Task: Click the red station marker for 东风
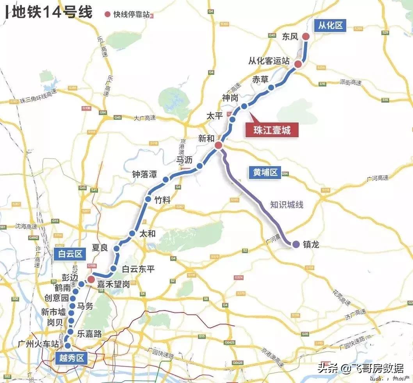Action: tap(306, 37)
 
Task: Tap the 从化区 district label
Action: tap(330, 26)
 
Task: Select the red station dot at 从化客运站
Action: tap(298, 64)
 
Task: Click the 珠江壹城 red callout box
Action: tap(273, 130)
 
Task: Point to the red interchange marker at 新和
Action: tap(219, 145)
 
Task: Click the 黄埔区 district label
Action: tap(265, 172)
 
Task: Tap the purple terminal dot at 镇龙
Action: tap(296, 244)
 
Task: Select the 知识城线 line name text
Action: tap(287, 204)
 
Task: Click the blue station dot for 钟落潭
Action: tap(166, 180)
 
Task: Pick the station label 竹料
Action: tap(162, 200)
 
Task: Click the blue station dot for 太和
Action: tap(132, 234)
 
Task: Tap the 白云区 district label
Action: tap(71, 254)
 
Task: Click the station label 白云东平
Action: tap(138, 269)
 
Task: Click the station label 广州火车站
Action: tap(38, 344)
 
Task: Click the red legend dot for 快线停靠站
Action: tap(107, 14)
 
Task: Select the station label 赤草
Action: tap(260, 79)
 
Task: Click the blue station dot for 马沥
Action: tap(200, 167)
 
